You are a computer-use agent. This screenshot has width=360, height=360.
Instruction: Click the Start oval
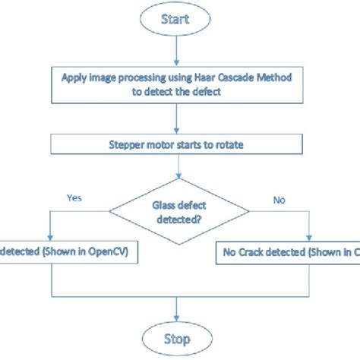click(176, 21)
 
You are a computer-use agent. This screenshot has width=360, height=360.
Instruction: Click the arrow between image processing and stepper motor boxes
click(176, 118)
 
